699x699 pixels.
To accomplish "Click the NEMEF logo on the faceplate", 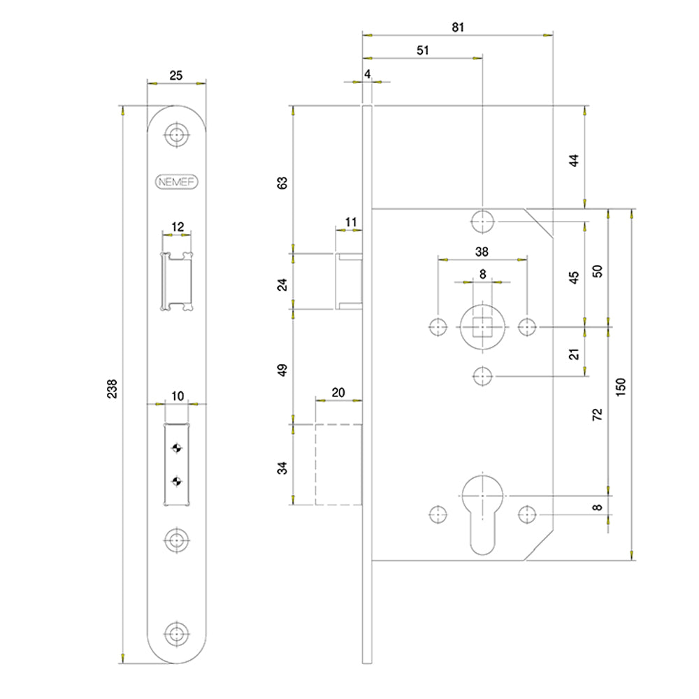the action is click(x=177, y=182).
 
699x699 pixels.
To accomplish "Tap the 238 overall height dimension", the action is click(x=112, y=388).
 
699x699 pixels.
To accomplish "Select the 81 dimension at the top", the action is click(x=458, y=27).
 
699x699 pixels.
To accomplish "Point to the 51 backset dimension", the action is click(x=423, y=50).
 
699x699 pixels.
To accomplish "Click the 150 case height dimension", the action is click(x=620, y=387).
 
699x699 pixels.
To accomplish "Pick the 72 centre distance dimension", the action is click(x=597, y=414).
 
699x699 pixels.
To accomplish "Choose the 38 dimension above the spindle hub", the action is click(x=482, y=252).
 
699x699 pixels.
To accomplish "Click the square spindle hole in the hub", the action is click(x=482, y=326).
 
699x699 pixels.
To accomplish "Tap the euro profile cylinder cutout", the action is click(x=482, y=514).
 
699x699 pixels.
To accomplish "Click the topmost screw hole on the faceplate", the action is click(x=177, y=134).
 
